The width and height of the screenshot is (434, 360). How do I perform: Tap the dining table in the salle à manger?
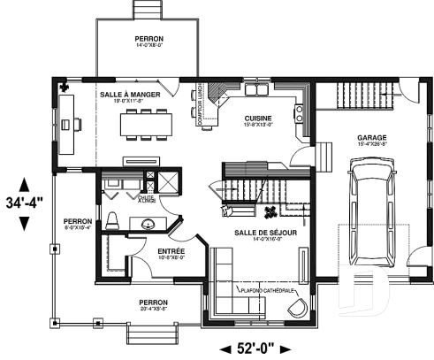coord(146,122)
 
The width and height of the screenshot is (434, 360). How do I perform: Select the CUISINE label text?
coord(258,118)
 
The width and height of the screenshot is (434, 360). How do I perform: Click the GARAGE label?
coord(370,138)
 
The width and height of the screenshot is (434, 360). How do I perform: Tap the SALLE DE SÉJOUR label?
coord(259,233)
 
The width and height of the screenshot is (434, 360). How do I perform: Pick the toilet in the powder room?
coord(112,219)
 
